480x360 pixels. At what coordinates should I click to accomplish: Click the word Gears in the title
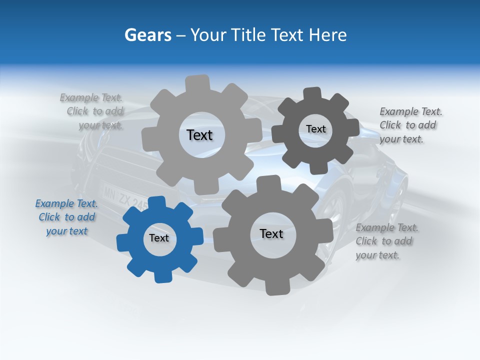(x=148, y=35)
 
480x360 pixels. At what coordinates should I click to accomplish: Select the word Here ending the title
(x=327, y=35)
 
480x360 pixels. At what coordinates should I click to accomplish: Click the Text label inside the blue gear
(x=159, y=238)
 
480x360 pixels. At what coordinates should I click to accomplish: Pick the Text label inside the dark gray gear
(x=315, y=129)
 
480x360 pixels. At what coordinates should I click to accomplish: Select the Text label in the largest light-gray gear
(x=199, y=135)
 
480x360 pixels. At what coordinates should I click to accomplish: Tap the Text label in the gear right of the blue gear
(x=271, y=233)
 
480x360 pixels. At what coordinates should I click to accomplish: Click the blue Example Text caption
(x=66, y=217)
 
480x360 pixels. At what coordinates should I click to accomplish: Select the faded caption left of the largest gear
(x=92, y=111)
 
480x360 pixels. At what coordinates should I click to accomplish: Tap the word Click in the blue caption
(x=49, y=217)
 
